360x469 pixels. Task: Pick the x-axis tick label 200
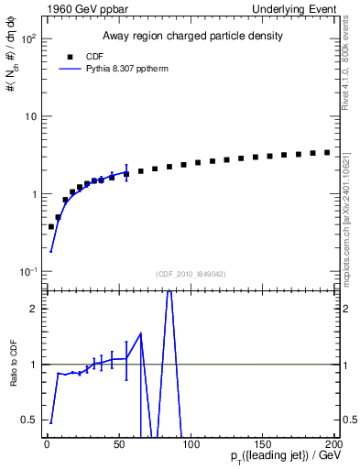click(x=333, y=444)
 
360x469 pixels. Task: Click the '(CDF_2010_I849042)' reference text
click(x=190, y=273)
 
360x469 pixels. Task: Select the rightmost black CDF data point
click(x=327, y=152)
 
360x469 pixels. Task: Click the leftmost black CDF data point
click(x=51, y=226)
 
